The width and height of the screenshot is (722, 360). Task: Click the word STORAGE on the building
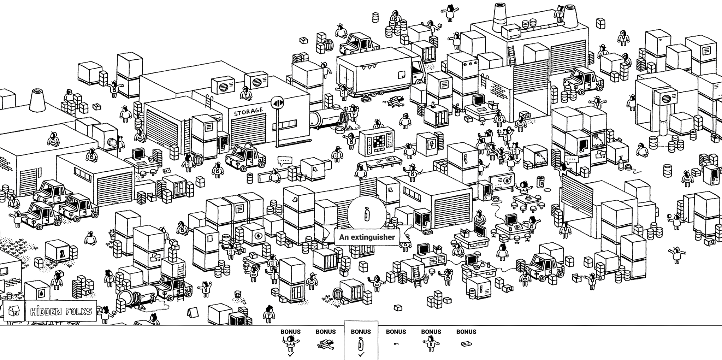coord(249,112)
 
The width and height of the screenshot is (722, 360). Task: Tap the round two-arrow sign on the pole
coord(277,103)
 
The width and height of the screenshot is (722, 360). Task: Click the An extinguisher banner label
coord(367,237)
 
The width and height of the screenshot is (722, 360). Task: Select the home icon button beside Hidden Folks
coord(14,311)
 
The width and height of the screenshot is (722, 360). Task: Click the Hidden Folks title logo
coord(61,311)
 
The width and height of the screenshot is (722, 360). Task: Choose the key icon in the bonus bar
coord(396,344)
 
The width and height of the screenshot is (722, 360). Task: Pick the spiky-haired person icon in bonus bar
coord(431,343)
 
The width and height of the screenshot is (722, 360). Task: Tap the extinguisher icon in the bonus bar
coord(361,343)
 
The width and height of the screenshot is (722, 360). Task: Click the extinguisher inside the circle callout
coord(366,214)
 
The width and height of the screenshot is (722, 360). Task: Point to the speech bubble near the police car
coord(285,161)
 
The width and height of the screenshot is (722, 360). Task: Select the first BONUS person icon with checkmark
coord(290,343)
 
